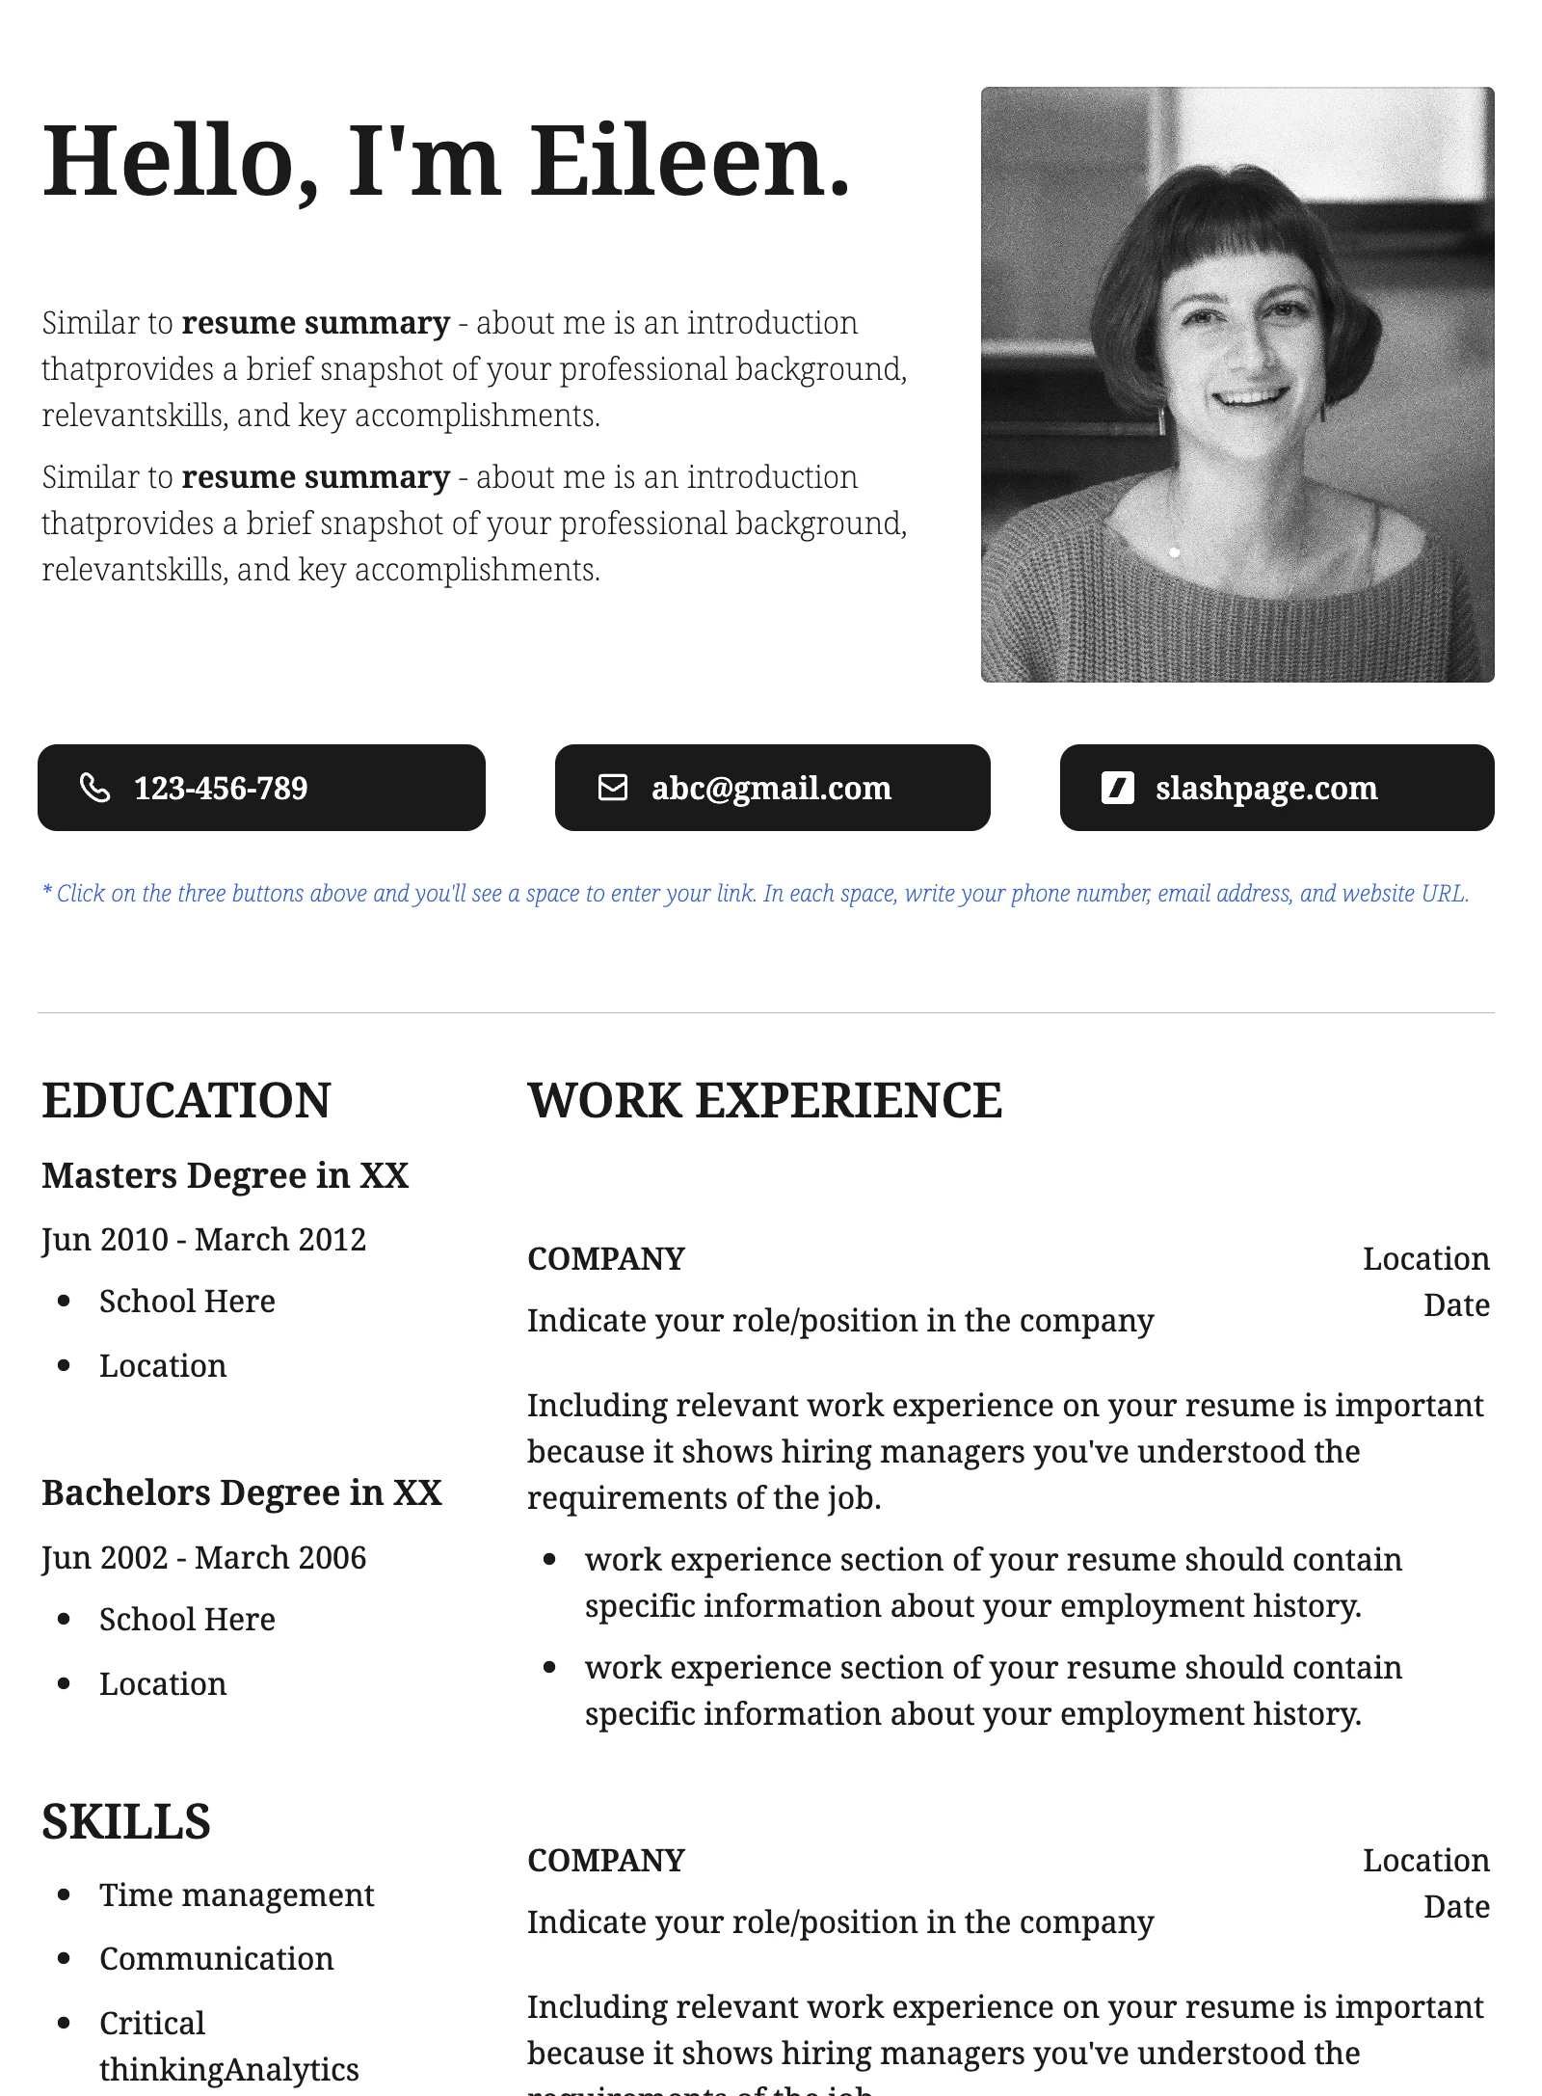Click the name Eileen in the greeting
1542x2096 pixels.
click(690, 161)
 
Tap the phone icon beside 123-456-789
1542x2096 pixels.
click(94, 788)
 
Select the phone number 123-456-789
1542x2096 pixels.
click(221, 789)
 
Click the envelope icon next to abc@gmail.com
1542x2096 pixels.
click(613, 788)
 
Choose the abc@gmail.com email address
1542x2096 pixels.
click(771, 789)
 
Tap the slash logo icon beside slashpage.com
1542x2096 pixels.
click(1117, 788)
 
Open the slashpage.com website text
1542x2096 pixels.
click(1266, 789)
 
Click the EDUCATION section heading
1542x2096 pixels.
click(186, 1101)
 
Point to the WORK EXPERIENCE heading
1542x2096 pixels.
click(764, 1101)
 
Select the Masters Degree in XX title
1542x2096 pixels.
click(226, 1175)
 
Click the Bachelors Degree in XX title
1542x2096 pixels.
click(242, 1492)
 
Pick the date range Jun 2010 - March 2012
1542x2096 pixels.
click(204, 1239)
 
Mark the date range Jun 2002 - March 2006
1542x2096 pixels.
click(204, 1557)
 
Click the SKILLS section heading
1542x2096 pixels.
click(126, 1822)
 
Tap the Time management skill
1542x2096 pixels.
click(236, 1894)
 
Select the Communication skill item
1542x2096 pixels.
click(217, 1958)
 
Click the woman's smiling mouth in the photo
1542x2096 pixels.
click(1250, 395)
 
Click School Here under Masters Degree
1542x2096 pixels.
click(187, 1301)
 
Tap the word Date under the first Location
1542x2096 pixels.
click(1456, 1304)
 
